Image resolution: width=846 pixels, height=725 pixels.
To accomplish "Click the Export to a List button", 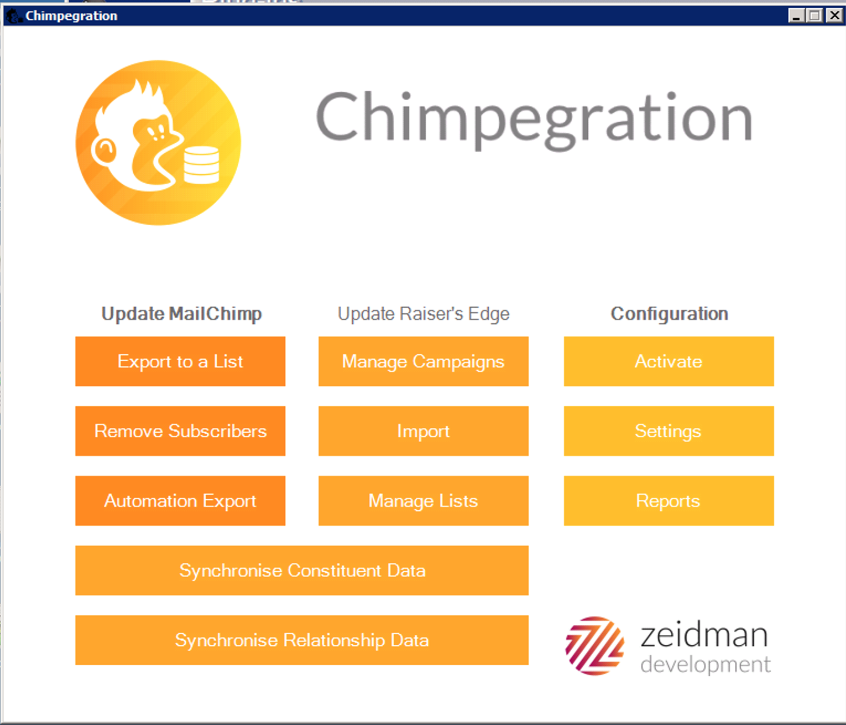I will [x=180, y=361].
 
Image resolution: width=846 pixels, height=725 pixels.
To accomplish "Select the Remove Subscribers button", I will [x=180, y=431].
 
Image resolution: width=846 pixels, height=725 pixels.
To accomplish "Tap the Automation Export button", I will [x=180, y=501].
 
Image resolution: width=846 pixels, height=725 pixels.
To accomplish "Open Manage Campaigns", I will [x=423, y=361].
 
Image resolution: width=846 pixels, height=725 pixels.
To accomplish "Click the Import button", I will [x=423, y=431].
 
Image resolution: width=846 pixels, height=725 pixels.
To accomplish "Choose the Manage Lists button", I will [x=423, y=501].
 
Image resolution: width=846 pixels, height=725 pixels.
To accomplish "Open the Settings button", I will [x=669, y=431].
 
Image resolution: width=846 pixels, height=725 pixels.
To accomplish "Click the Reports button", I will [x=669, y=501].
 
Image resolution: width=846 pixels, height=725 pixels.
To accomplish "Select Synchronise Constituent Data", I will [x=302, y=571].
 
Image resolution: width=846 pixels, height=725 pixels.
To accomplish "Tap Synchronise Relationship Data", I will [x=302, y=640].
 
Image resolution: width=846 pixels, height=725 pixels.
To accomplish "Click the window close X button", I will [x=834, y=15].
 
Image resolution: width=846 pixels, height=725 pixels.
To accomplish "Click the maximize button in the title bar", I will [x=815, y=15].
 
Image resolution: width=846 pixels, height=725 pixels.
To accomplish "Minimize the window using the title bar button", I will [x=796, y=15].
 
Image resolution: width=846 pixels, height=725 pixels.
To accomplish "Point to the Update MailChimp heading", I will [x=181, y=314].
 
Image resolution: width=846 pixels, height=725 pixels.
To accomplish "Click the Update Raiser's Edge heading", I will [x=423, y=314].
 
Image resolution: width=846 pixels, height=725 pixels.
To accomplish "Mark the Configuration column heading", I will [x=669, y=314].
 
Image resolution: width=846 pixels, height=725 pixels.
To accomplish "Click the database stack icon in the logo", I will [x=201, y=165].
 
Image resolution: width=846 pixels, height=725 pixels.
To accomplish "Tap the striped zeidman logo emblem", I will [x=595, y=646].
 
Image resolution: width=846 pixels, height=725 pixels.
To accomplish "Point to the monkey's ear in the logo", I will [x=104, y=150].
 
